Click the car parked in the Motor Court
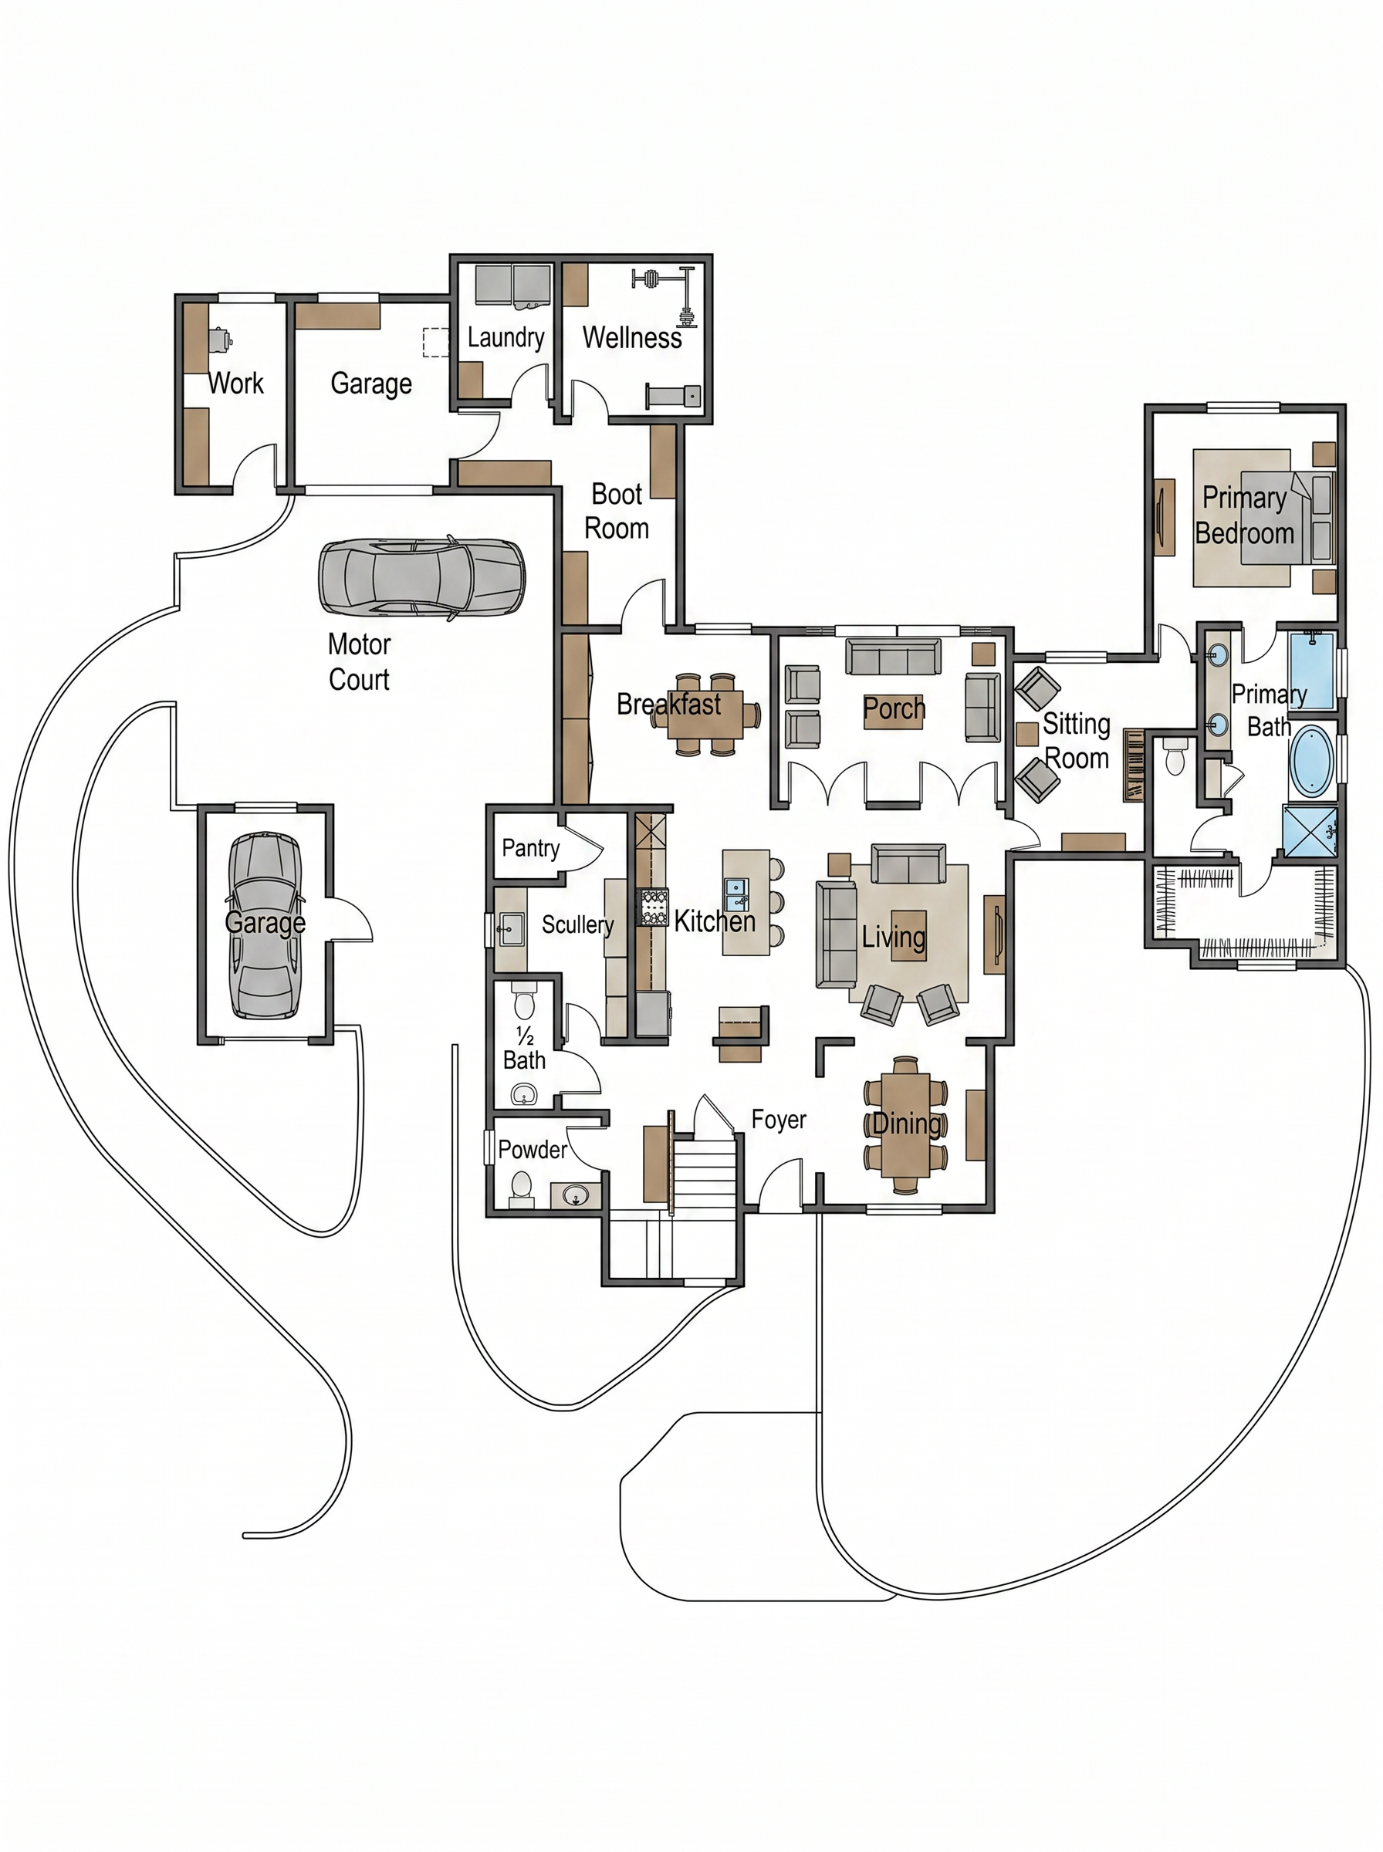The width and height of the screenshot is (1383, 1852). (x=421, y=578)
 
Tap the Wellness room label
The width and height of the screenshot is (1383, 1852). (x=632, y=337)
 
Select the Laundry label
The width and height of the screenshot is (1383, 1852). (x=506, y=337)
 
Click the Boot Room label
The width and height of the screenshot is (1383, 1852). (x=617, y=512)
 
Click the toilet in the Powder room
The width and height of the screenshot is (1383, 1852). (x=521, y=1188)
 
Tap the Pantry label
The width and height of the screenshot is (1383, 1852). (x=531, y=848)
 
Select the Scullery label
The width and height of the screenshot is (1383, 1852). (x=577, y=924)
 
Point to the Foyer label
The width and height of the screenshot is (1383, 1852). (x=779, y=1120)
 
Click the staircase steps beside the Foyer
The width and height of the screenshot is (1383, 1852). (x=704, y=1172)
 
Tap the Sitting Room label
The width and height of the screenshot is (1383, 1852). (x=1077, y=742)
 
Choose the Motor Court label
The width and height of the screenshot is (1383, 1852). (x=359, y=661)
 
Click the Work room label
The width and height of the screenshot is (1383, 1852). (x=235, y=384)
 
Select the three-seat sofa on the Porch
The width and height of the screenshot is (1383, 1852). (x=892, y=657)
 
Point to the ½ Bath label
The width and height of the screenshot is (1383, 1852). (x=524, y=1049)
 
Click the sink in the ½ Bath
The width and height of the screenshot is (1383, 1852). (x=525, y=1093)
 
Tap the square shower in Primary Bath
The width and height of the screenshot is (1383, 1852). (x=1310, y=830)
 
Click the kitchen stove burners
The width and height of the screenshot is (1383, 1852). (x=654, y=907)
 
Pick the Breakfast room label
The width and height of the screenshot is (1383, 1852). (x=669, y=705)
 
